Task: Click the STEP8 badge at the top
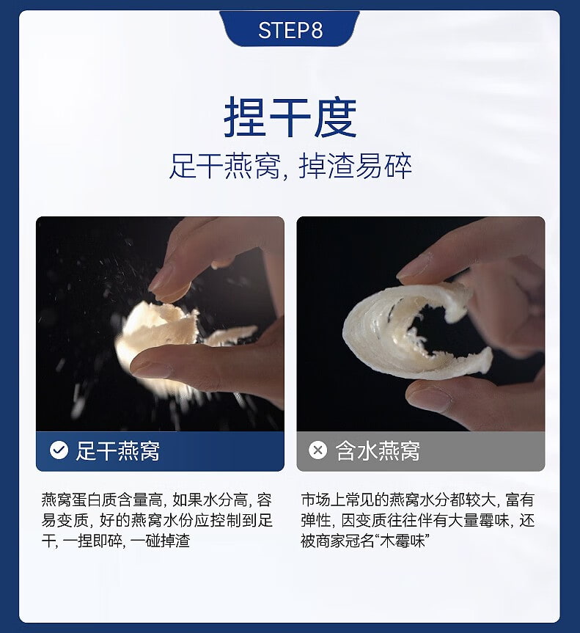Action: tap(290, 29)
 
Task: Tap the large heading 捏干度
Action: tap(290, 117)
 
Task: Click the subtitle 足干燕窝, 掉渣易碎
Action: tap(290, 166)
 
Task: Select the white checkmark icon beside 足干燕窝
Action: tap(59, 450)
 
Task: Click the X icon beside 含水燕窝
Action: tap(318, 450)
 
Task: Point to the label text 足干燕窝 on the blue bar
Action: tap(118, 450)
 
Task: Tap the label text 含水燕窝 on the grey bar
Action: tap(378, 450)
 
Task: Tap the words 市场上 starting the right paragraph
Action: tap(323, 500)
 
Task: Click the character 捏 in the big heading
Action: tap(244, 117)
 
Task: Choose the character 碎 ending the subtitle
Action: tap(398, 166)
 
